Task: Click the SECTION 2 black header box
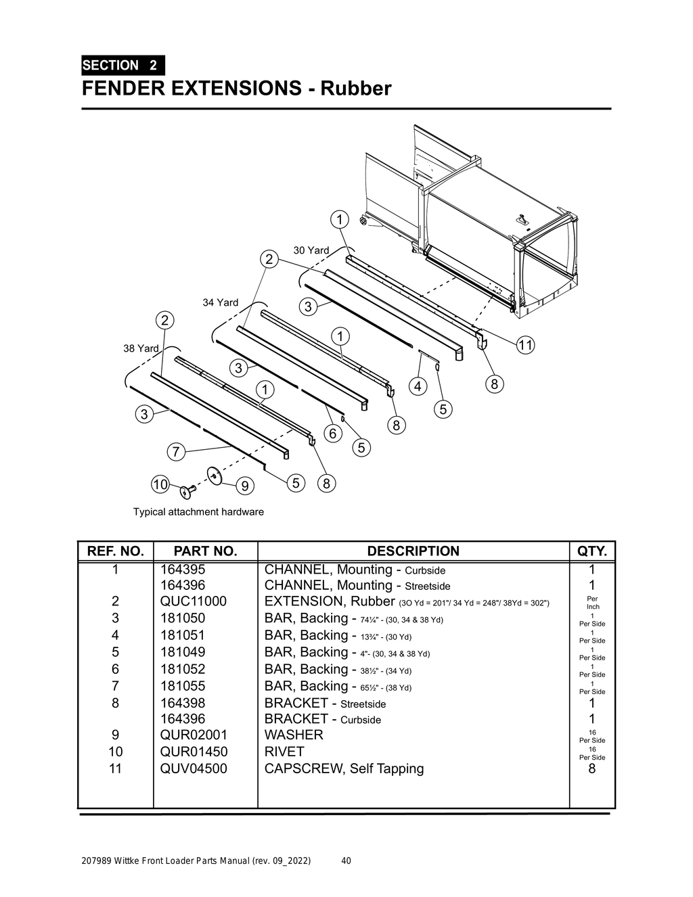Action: coord(122,66)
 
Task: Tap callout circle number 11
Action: coord(525,345)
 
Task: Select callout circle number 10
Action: coord(160,484)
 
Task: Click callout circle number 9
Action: coord(244,486)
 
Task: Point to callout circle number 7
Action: coord(176,451)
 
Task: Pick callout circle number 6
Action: coord(332,434)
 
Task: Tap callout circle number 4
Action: coord(418,386)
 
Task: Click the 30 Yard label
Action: coord(311,250)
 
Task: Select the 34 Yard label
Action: coord(221,302)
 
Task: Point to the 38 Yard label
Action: coord(141,348)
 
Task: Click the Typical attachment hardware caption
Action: coord(198,512)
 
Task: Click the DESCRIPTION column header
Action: coord(413,551)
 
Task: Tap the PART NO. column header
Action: coord(205,551)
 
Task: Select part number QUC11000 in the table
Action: coord(193,601)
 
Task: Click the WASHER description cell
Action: coord(294,735)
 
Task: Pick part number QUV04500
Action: coord(194,768)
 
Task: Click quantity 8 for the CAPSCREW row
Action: coord(592,768)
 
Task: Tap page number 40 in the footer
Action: coord(346,861)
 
